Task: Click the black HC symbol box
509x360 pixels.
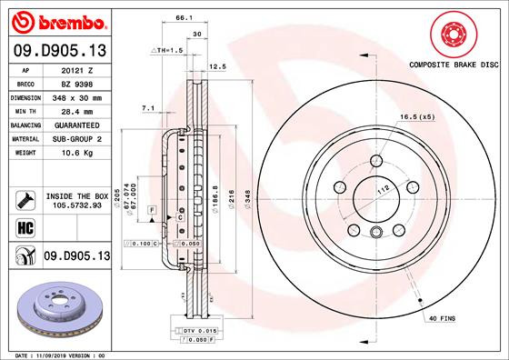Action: click(24, 227)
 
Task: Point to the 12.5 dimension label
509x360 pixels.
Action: click(217, 66)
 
